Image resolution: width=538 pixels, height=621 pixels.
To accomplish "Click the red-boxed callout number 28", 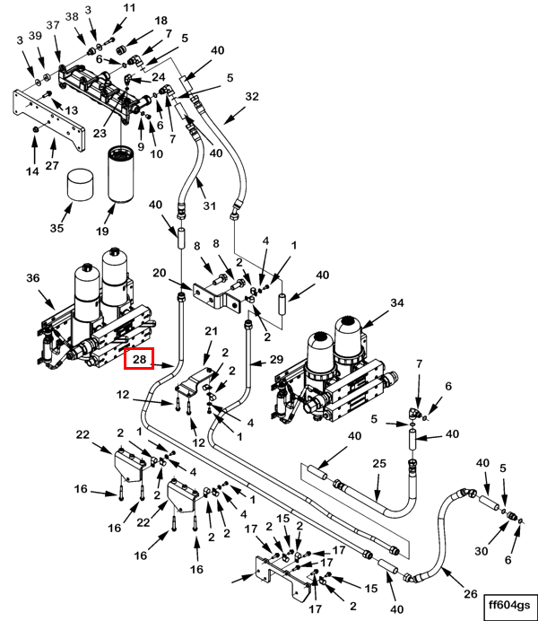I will click(x=139, y=359).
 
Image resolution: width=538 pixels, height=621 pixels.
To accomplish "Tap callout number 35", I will click(x=56, y=228).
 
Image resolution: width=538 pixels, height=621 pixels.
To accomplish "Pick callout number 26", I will click(x=471, y=593).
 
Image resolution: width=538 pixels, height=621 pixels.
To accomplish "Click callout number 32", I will click(x=251, y=96).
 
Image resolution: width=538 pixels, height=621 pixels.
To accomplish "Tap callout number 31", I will click(x=210, y=206).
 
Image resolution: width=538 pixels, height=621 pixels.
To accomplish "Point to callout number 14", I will click(x=32, y=171).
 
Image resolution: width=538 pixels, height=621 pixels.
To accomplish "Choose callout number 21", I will click(x=212, y=332).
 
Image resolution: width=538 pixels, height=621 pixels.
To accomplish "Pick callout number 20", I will click(x=160, y=273).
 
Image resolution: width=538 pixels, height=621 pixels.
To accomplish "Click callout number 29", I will click(x=276, y=360).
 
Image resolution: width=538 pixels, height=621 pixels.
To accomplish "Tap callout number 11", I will click(x=129, y=8).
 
